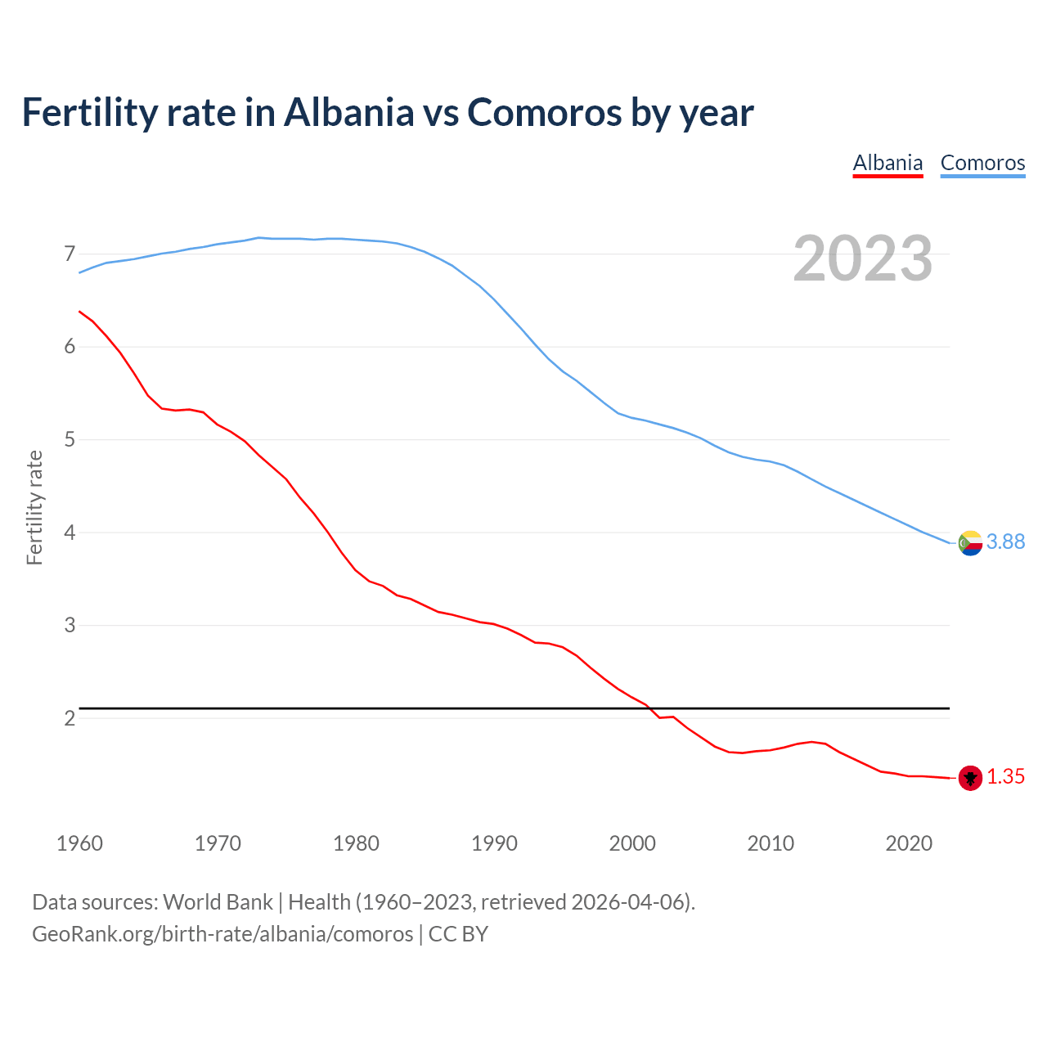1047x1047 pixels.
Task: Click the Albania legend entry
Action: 887,163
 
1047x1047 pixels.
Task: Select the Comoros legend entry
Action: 982,163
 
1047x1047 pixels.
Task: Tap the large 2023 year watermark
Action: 863,258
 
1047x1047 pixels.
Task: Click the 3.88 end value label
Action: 1005,542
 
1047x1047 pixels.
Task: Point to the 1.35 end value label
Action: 1005,777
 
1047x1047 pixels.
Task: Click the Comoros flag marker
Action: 970,542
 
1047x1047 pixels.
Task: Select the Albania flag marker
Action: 970,778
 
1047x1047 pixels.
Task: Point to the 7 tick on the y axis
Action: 70,254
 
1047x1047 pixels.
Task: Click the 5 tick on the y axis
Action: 70,440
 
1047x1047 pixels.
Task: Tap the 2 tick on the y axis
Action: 70,718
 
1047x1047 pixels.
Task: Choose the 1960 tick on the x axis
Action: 79,843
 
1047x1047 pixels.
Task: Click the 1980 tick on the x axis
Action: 356,843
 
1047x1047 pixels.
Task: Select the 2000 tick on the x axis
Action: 632,843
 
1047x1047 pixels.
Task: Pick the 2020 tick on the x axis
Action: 909,843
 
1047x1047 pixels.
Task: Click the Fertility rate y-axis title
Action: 34,507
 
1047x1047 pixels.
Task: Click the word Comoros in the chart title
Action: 544,113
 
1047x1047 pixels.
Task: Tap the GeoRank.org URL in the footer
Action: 222,934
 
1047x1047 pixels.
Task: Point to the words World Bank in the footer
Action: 218,902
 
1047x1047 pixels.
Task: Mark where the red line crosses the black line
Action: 651,708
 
